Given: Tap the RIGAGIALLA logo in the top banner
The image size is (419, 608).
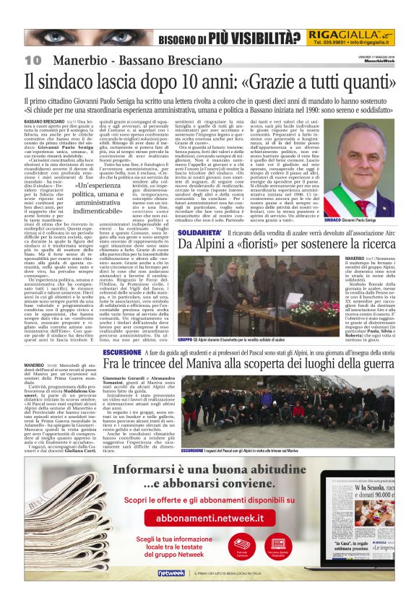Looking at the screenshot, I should click(340, 37).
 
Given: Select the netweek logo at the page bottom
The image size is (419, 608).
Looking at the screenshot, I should click(172, 593).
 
